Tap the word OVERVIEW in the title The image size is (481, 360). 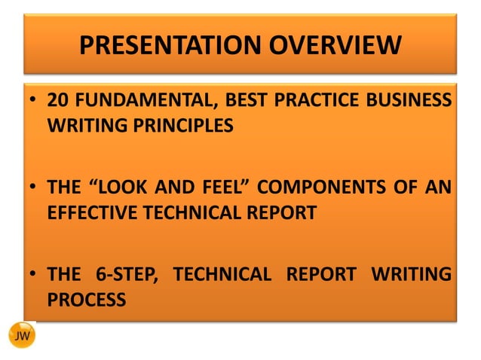click(328, 47)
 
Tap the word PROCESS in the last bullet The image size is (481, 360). click(84, 299)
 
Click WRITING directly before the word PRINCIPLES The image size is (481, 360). click(84, 126)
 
